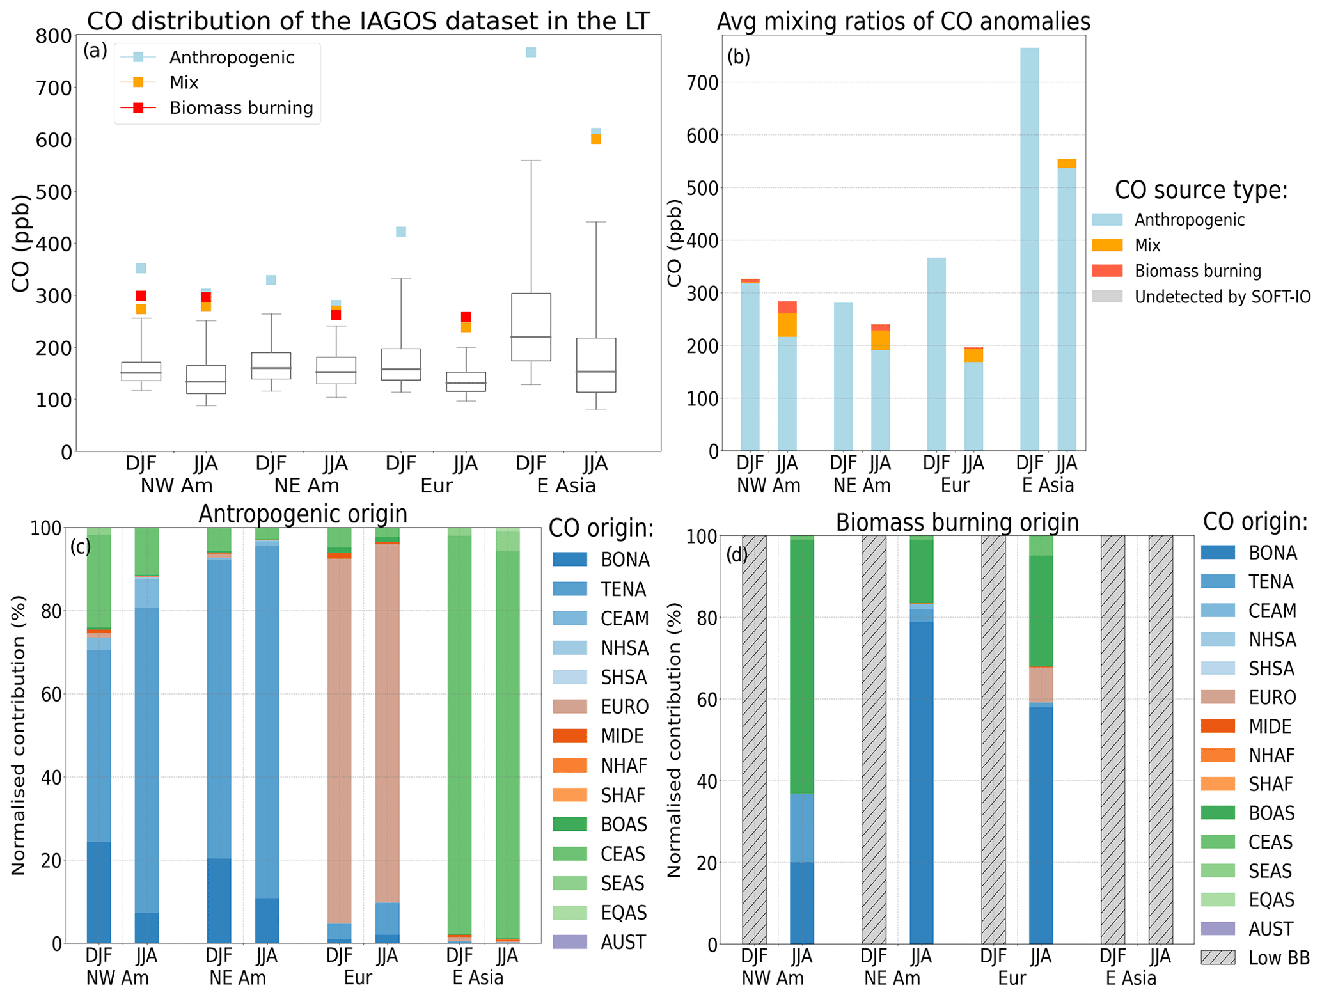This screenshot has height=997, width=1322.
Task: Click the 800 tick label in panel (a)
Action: pyautogui.click(x=53, y=36)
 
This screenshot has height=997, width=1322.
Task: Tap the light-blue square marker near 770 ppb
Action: pyautogui.click(x=530, y=52)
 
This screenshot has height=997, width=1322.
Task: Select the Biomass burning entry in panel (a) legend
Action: pyautogui.click(x=240, y=108)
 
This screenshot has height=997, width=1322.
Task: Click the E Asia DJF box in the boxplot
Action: pyautogui.click(x=530, y=327)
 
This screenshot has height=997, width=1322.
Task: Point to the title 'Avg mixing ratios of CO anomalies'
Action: pyautogui.click(x=902, y=22)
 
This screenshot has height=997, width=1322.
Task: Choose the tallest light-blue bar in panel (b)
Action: pyautogui.click(x=1029, y=249)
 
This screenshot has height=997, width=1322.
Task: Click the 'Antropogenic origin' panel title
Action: pyautogui.click(x=303, y=514)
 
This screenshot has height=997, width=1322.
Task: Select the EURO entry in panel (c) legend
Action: pyautogui.click(x=624, y=707)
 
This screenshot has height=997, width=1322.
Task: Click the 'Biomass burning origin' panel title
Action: pyautogui.click(x=957, y=522)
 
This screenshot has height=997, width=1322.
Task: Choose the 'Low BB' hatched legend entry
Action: pyautogui.click(x=1279, y=958)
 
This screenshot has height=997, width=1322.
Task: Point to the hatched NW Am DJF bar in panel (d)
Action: pyautogui.click(x=754, y=739)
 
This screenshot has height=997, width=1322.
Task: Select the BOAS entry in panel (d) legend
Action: pyautogui.click(x=1271, y=813)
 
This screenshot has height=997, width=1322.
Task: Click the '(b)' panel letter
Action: pyautogui.click(x=738, y=57)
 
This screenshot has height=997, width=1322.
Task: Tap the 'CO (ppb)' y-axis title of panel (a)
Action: pyautogui.click(x=20, y=243)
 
